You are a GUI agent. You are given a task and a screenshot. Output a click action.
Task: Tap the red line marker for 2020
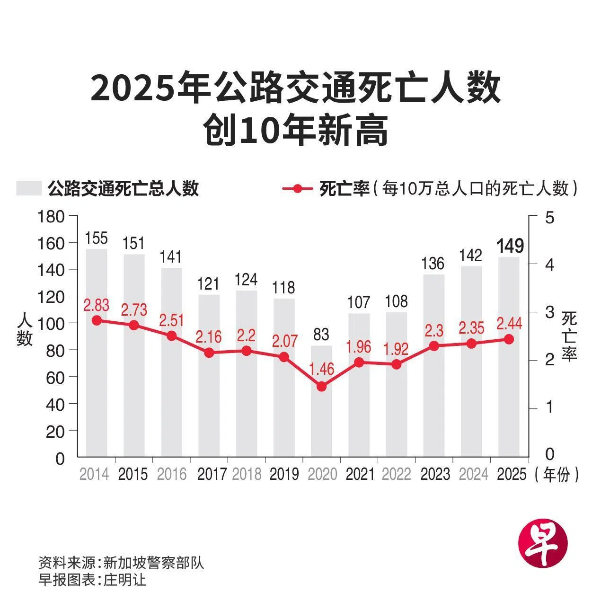click(x=321, y=386)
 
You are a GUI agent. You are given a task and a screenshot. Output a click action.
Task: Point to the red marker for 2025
click(x=509, y=339)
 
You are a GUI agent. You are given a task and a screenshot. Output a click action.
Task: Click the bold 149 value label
click(x=510, y=246)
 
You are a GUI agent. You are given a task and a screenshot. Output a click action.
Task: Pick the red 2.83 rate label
click(x=96, y=305)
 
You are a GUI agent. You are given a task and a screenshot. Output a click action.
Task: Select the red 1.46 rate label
click(x=321, y=368)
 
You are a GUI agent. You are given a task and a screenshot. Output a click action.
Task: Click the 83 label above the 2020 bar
click(x=321, y=335)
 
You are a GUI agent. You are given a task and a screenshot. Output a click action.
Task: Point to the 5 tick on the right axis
click(x=549, y=217)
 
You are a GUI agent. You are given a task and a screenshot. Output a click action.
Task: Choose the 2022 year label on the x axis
click(x=397, y=474)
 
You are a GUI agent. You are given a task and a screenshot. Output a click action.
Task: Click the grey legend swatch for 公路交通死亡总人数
click(x=29, y=188)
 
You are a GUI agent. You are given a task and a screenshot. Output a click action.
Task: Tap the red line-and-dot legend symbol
click(x=297, y=188)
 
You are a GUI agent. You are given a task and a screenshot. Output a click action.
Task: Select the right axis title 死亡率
click(x=569, y=336)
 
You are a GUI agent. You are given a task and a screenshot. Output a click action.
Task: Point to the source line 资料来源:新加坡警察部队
click(x=121, y=563)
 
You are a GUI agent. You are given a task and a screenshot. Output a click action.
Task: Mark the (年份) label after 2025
click(x=557, y=474)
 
